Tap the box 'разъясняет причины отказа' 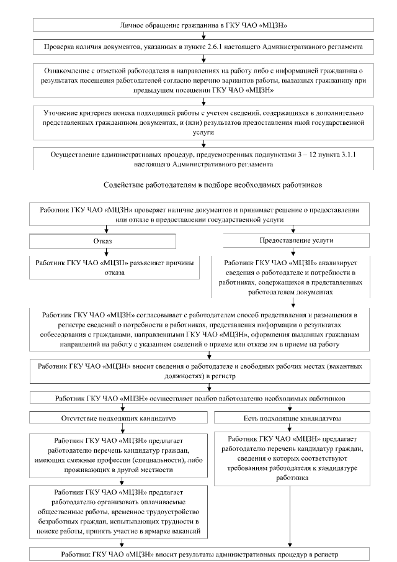pyautogui.click(x=107, y=267)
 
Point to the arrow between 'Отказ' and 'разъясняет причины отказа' pyautogui.click(x=107, y=252)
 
